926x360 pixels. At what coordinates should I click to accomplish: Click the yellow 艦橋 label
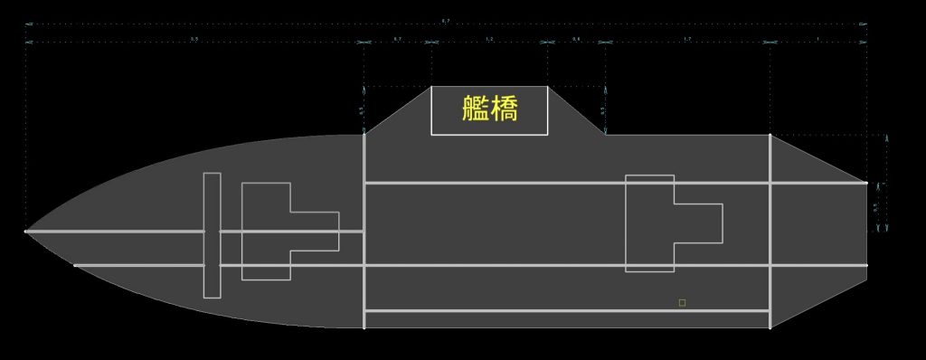pyautogui.click(x=489, y=109)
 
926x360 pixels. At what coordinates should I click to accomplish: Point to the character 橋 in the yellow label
pyautogui.click(x=504, y=109)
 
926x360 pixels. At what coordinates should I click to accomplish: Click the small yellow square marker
pyautogui.click(x=682, y=302)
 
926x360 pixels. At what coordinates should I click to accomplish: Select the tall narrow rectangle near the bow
pyautogui.click(x=212, y=234)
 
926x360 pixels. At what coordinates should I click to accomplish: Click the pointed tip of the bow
pyautogui.click(x=26, y=232)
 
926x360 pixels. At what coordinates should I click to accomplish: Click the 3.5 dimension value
pyautogui.click(x=194, y=39)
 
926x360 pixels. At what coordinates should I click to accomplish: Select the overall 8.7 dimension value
pyautogui.click(x=446, y=20)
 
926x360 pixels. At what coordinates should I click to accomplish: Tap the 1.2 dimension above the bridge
pyautogui.click(x=489, y=39)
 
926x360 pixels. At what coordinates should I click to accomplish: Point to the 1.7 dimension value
pyautogui.click(x=687, y=39)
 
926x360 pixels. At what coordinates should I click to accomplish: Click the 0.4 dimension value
pyautogui.click(x=576, y=39)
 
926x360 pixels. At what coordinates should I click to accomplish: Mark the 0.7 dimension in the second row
pyautogui.click(x=398, y=39)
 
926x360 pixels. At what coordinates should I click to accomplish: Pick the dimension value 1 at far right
pyautogui.click(x=818, y=39)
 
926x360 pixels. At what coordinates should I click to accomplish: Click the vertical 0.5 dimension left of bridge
pyautogui.click(x=362, y=109)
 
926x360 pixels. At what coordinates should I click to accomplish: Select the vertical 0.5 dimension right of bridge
pyautogui.click(x=603, y=109)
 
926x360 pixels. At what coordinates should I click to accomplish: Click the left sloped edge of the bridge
pyautogui.click(x=398, y=109)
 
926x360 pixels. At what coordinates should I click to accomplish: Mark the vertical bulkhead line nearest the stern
pyautogui.click(x=770, y=231)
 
